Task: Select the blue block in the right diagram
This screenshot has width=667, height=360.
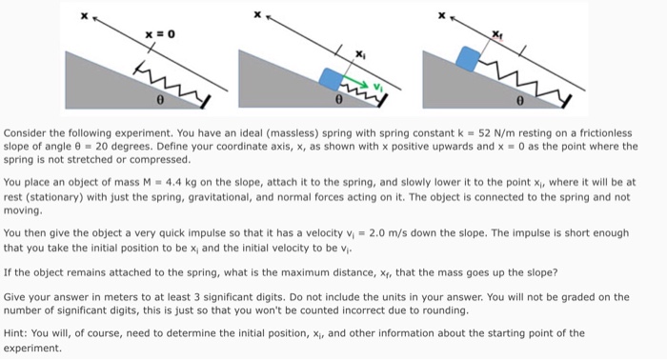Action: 467,58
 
